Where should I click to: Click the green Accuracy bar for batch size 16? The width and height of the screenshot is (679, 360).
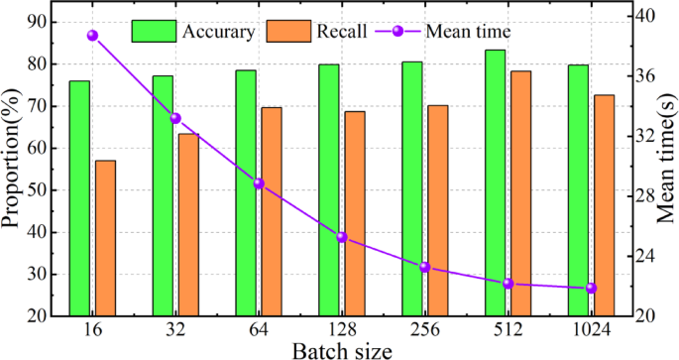(x=79, y=198)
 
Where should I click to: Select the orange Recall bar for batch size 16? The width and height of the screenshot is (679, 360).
(x=105, y=238)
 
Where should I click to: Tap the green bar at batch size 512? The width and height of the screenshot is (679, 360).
(x=495, y=183)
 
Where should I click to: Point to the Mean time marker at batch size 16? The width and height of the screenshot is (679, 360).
(x=92, y=36)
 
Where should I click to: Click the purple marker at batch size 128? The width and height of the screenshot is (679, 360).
(x=342, y=237)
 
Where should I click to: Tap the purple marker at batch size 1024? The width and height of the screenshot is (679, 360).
(x=591, y=289)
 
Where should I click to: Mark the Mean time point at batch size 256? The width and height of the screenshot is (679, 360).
(x=424, y=267)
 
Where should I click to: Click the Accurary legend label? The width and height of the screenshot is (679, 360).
(x=219, y=31)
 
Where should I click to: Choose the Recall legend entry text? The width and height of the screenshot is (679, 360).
(x=342, y=31)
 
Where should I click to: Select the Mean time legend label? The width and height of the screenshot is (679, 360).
(x=468, y=31)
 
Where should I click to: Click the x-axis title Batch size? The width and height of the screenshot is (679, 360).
(x=342, y=350)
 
